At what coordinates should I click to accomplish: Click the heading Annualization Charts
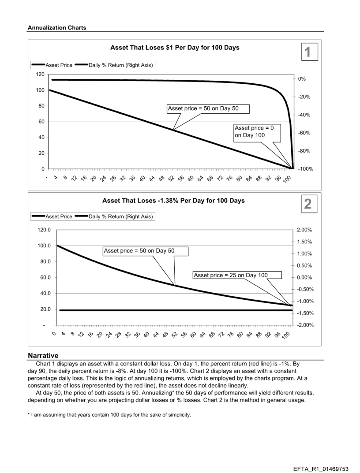point(57,28)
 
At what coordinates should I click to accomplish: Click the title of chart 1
point(174,48)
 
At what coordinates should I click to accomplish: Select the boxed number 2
point(308,204)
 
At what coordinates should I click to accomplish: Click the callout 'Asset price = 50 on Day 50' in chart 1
point(208,109)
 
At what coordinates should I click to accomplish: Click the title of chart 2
point(173,201)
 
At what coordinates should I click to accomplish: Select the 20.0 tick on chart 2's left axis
point(45,309)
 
